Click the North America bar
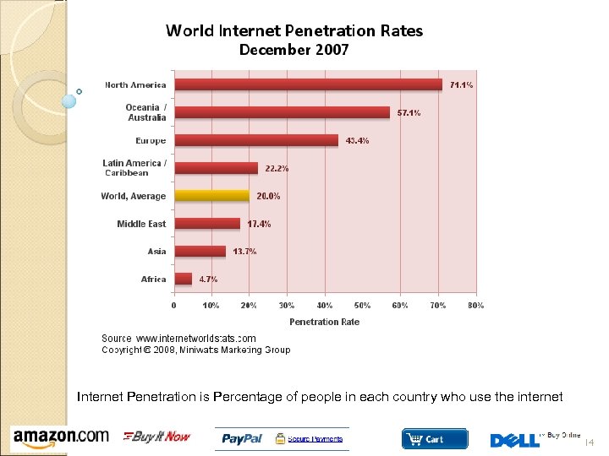coord(308,84)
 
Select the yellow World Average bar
coord(212,196)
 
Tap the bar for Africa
coord(184,279)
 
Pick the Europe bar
coord(256,140)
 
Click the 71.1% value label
coord(461,85)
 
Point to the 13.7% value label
coord(244,252)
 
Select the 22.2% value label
coord(277,169)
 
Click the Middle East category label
coord(141,224)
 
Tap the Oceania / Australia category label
coord(145,112)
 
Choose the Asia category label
coord(156,252)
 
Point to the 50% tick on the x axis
coord(362,305)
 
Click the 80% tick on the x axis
coord(475,305)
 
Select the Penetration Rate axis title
coord(324,322)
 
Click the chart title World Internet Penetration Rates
coord(294,31)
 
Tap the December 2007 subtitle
coord(294,51)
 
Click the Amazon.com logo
coord(61,437)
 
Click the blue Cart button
coord(434,438)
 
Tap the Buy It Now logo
coord(157,437)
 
